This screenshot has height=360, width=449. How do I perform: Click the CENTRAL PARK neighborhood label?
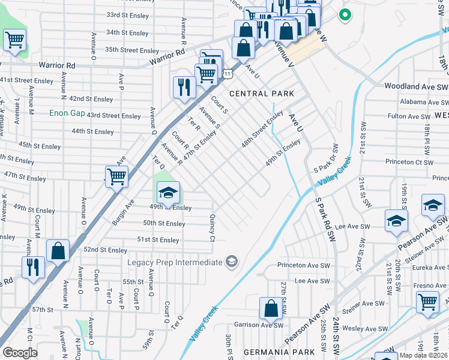pyautogui.click(x=262, y=94)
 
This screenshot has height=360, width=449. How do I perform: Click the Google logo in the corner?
pyautogui.click(x=20, y=353)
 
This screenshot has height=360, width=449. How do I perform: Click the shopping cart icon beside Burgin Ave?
pyautogui.click(x=116, y=176)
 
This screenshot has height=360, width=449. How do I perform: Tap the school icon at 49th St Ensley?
pyautogui.click(x=169, y=193)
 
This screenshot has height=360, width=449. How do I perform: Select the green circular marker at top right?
pyautogui.click(x=345, y=15)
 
